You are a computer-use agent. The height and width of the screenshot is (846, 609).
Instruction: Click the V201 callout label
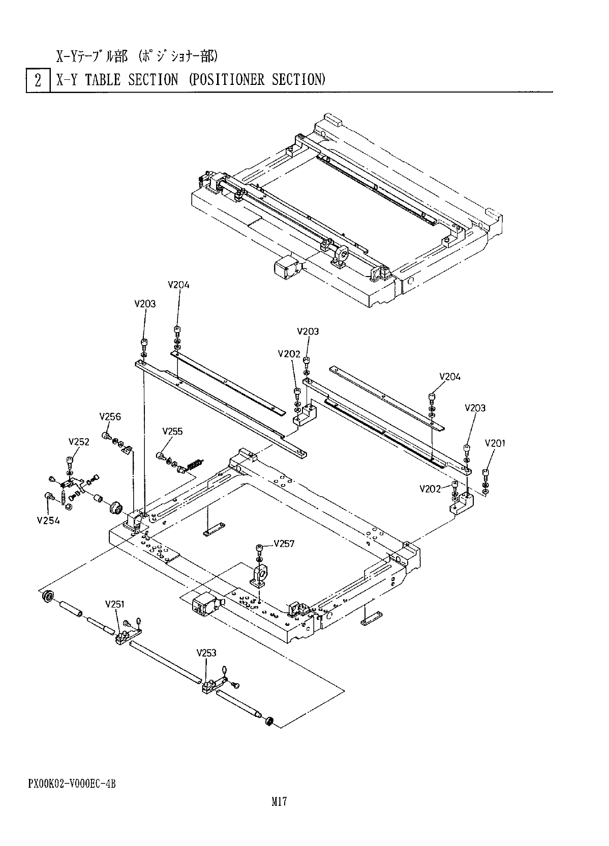coord(495,443)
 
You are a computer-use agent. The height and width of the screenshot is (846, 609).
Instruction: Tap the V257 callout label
coord(284,543)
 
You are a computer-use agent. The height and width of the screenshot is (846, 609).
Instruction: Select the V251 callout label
coord(115,604)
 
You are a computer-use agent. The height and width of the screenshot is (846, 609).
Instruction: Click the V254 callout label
coord(48,520)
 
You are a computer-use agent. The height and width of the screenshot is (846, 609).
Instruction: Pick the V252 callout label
coord(79,442)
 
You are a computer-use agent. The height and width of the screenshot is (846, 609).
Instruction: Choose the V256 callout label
coord(110,417)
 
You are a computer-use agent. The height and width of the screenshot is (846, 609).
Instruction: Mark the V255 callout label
coord(172,431)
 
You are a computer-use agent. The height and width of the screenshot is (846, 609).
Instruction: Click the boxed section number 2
coord(38,80)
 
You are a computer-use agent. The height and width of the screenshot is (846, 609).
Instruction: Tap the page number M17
coord(279,802)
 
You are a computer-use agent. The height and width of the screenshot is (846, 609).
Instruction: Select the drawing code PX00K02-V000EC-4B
coord(72,783)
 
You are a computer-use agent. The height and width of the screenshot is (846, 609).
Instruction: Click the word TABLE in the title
coord(103,80)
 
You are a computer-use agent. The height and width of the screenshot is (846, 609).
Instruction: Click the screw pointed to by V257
coord(260,548)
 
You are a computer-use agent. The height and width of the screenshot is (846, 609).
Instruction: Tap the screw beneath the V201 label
coord(486,475)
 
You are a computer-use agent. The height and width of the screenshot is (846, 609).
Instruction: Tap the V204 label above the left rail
coord(178,285)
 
